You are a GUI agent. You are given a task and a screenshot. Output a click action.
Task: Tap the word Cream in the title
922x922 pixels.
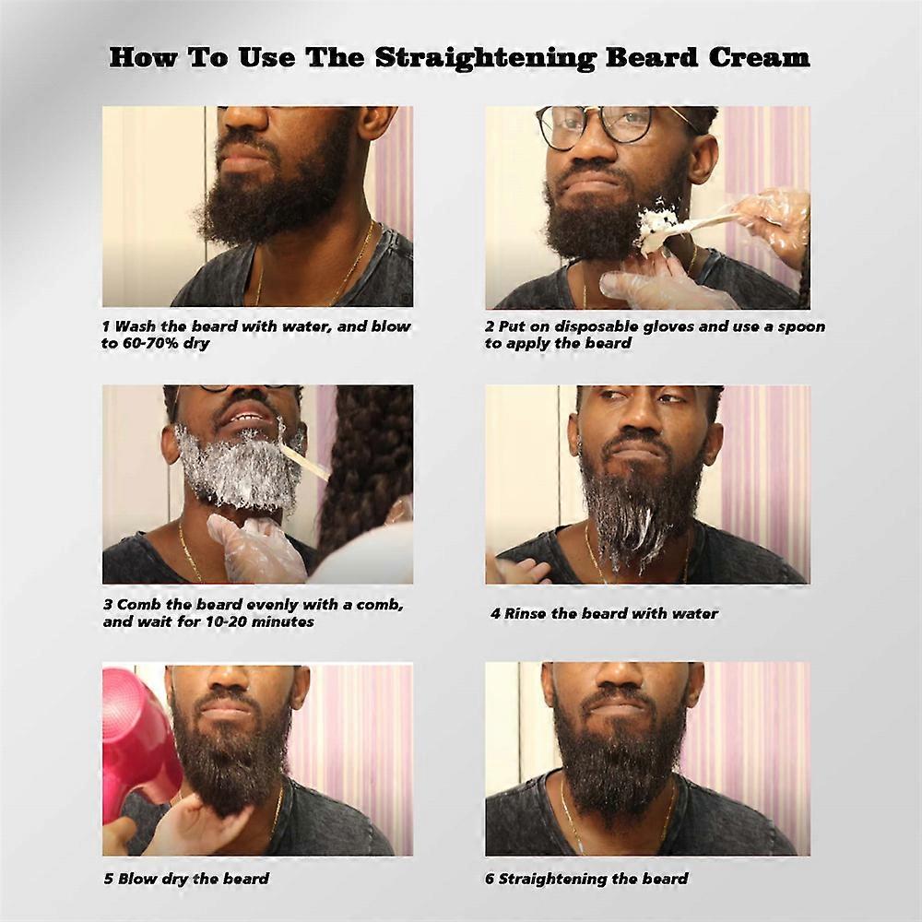(759, 57)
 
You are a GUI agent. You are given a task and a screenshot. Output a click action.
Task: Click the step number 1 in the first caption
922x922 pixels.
(106, 326)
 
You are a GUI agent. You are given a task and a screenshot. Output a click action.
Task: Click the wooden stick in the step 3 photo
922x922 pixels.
(306, 461)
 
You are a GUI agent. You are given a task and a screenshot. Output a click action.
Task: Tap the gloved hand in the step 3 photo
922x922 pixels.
(256, 547)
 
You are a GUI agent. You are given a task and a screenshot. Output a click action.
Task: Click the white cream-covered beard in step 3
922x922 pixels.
(241, 468)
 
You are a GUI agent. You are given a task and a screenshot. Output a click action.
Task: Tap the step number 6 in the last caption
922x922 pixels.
(490, 879)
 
